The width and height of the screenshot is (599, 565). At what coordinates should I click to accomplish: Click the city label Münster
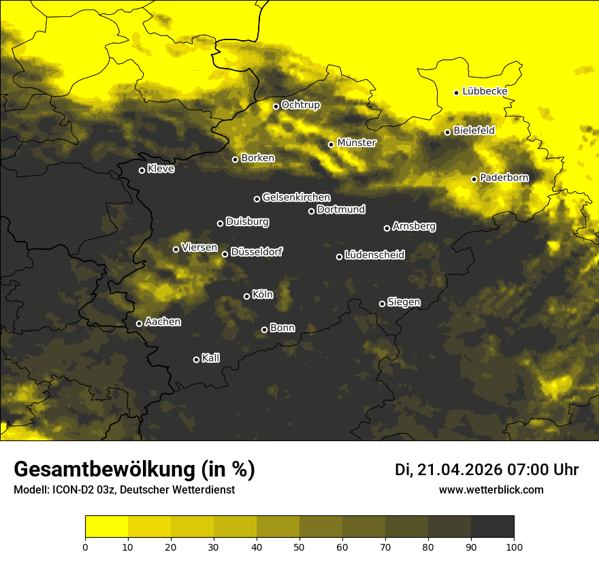click(x=357, y=143)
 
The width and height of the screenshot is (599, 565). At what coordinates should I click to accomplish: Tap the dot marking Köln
click(x=247, y=296)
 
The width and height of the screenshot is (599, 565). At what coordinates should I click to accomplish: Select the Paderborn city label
click(x=504, y=178)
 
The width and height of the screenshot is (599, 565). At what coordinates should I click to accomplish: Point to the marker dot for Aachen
click(x=140, y=323)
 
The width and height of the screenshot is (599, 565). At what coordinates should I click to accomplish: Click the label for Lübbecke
click(x=485, y=91)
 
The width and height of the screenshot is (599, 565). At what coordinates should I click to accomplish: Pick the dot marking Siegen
click(x=382, y=304)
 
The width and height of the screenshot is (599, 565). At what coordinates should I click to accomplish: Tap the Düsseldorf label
click(x=256, y=252)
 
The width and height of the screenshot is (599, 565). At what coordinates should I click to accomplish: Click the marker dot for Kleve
click(x=142, y=170)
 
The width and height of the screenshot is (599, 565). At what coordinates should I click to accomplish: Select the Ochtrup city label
click(x=300, y=105)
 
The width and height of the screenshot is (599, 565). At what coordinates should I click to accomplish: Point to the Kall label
click(x=210, y=358)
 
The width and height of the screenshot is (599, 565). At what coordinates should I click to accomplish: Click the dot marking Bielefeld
click(x=448, y=132)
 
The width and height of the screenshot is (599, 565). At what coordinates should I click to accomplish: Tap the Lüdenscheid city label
click(x=374, y=255)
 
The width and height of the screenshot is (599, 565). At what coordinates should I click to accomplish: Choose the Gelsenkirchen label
click(x=296, y=197)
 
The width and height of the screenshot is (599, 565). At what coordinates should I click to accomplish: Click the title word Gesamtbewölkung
click(x=103, y=470)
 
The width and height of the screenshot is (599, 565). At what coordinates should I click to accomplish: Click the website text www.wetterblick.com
click(x=491, y=490)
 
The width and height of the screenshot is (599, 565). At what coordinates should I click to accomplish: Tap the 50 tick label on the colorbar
click(x=299, y=546)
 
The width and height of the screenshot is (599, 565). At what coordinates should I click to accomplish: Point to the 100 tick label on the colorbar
click(x=514, y=546)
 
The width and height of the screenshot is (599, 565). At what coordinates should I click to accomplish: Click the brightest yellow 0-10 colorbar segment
click(x=107, y=526)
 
